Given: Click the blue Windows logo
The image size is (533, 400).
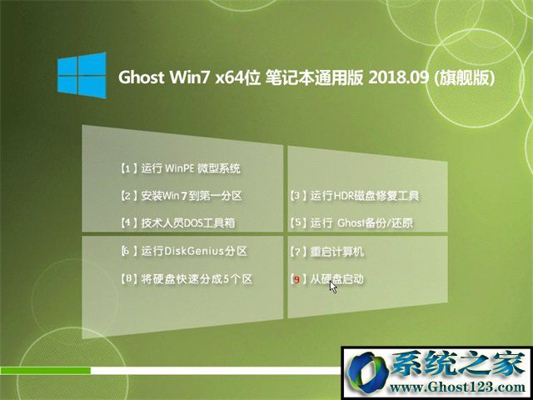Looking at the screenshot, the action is (x=82, y=75).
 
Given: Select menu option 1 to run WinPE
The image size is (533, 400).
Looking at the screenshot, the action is (x=181, y=168).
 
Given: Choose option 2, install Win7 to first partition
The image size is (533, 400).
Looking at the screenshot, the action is (x=182, y=196).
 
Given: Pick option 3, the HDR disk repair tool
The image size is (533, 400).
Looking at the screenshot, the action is (x=355, y=196).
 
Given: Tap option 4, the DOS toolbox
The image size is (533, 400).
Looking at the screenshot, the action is (x=177, y=223).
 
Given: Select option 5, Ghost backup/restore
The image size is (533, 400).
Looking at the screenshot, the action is (x=351, y=223).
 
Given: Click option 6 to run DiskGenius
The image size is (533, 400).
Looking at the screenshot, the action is (x=184, y=252).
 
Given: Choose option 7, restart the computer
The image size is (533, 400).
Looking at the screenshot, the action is (x=327, y=252).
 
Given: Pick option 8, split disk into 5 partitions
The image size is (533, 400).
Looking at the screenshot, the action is (x=187, y=280).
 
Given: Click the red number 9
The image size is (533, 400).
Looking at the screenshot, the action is (x=297, y=280).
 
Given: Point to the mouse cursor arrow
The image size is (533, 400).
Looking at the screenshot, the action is (x=333, y=286).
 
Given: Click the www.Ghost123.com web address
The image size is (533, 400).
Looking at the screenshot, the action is (x=457, y=387).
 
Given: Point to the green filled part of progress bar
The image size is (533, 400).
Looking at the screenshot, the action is (x=45, y=370).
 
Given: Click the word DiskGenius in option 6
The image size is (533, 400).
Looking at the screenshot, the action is (x=194, y=252).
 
